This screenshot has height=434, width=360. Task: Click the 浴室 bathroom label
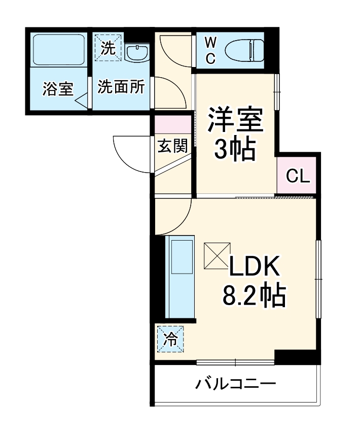click(58, 89)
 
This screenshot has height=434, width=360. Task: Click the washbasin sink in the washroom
click(136, 52)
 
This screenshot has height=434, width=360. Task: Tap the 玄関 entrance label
click(172, 146)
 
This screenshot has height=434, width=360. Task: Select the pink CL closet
click(297, 176)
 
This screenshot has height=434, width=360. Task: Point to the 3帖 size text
click(234, 149)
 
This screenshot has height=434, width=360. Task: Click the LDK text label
click(255, 266)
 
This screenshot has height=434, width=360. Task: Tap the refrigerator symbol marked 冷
click(171, 338)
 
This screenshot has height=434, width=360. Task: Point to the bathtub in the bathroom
click(58, 49)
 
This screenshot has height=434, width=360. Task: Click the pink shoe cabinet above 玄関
click(173, 125)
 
